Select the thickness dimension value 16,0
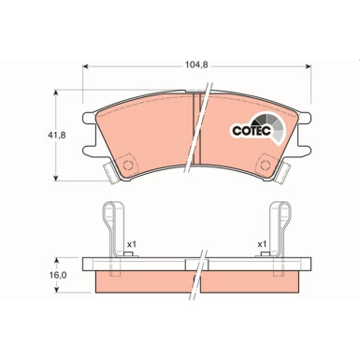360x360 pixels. click(x=59, y=275)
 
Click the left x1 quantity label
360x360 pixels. click(x=132, y=244)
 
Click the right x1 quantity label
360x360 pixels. click(x=263, y=244)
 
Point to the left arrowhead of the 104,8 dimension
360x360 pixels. click(x=87, y=66)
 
